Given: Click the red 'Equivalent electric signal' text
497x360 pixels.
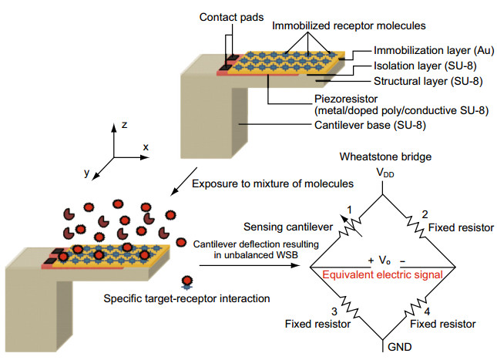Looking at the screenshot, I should pyautogui.click(x=381, y=275).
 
